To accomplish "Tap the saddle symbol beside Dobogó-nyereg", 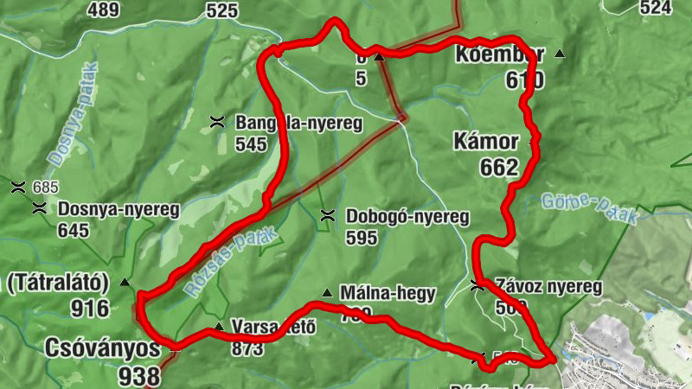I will click(327, 215).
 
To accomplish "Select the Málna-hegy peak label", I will click(388, 292).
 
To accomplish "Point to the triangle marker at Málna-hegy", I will click(326, 292).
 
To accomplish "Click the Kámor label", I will click(484, 141).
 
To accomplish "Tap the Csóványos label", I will click(104, 348).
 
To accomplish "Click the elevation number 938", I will click(141, 376).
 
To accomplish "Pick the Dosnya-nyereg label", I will click(118, 208).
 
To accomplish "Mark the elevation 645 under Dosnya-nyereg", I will click(74, 230).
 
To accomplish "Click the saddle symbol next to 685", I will click(17, 186).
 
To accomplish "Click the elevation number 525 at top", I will click(222, 10).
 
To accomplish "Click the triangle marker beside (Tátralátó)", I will click(125, 282).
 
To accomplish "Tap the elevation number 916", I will click(91, 309).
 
